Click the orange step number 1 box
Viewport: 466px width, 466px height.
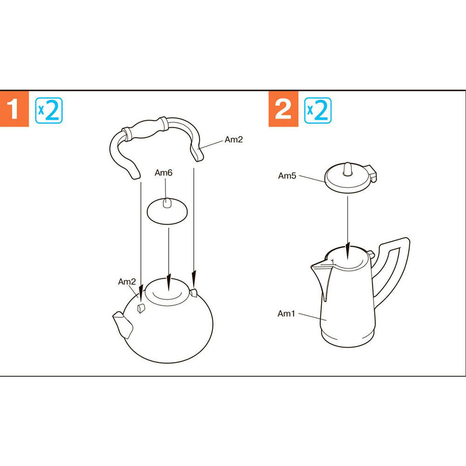click(14, 109)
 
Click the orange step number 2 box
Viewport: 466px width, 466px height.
click(283, 109)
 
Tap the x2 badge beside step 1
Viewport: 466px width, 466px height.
click(49, 110)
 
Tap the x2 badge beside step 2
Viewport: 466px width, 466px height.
click(318, 110)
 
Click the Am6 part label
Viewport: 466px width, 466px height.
click(164, 173)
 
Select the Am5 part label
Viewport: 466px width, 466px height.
click(287, 176)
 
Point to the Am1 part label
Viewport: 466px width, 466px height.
click(286, 314)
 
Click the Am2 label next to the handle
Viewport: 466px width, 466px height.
click(233, 139)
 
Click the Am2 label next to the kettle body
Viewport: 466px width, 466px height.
click(127, 281)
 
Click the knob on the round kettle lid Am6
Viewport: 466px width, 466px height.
click(167, 203)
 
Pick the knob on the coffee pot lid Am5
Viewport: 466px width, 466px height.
click(348, 169)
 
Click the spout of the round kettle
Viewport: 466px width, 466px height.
click(123, 324)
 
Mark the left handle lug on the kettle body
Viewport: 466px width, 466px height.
click(141, 308)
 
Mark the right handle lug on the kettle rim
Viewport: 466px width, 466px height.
click(193, 293)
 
